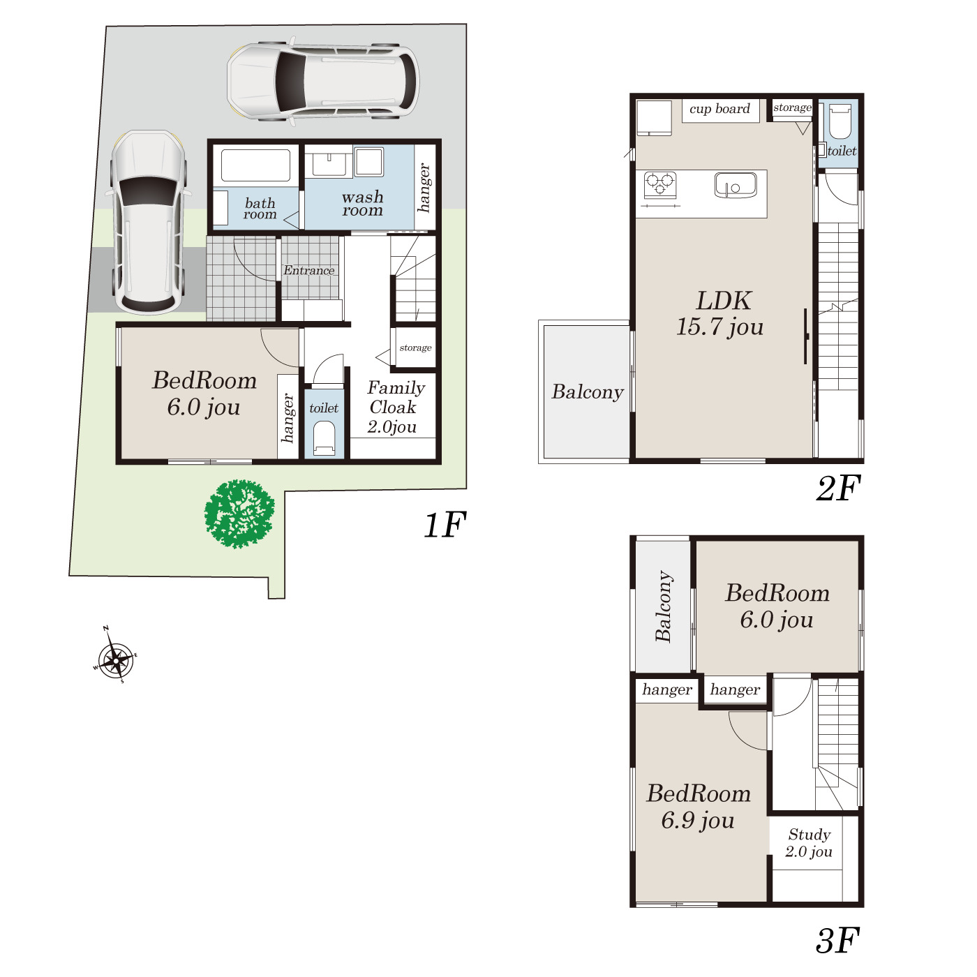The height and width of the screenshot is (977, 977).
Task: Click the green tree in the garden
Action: click(239, 514)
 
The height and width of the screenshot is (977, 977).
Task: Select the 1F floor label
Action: click(445, 525)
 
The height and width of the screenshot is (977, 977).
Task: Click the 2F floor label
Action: click(838, 488)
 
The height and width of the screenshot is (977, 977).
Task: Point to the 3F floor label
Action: click(837, 940)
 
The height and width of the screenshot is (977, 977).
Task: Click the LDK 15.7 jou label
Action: click(720, 313)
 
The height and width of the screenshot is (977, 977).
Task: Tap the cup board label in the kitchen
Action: click(719, 109)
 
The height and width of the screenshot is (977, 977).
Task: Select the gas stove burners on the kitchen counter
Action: click(660, 184)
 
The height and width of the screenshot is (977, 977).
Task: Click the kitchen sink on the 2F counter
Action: click(735, 185)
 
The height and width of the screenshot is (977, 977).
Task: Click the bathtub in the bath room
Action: click(256, 165)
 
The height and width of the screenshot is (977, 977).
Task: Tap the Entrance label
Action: click(308, 270)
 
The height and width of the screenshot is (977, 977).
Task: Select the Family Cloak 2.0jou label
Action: click(396, 407)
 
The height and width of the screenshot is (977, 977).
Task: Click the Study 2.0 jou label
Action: click(810, 842)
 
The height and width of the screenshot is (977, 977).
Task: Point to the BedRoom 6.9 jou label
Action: click(698, 807)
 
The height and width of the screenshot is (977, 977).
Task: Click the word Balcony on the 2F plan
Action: click(587, 392)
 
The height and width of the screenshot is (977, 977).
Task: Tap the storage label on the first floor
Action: click(415, 348)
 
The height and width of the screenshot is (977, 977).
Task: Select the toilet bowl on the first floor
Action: click(324, 439)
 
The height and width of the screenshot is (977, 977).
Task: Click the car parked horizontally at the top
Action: click(324, 81)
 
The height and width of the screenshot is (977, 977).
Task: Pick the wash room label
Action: click(362, 204)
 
